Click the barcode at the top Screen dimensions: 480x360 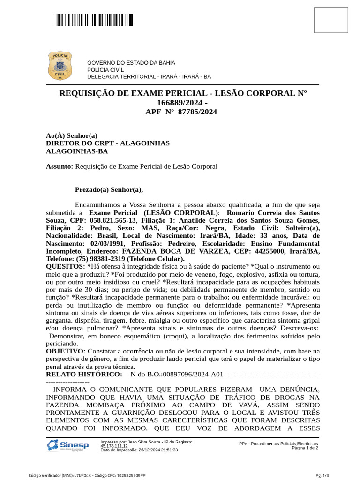[x=94, y=20]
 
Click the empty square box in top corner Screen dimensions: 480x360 [x=330, y=20]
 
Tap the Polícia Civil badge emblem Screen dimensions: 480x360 [x=59, y=66]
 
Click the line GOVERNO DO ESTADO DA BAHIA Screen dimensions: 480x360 [x=131, y=63]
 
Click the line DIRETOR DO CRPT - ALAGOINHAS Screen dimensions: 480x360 [x=108, y=143]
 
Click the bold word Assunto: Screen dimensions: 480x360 [x=60, y=166]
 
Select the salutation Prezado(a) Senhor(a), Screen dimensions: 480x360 [x=109, y=190]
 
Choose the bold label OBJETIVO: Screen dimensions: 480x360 [x=66, y=351]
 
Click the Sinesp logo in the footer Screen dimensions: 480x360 [x=68, y=445]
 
